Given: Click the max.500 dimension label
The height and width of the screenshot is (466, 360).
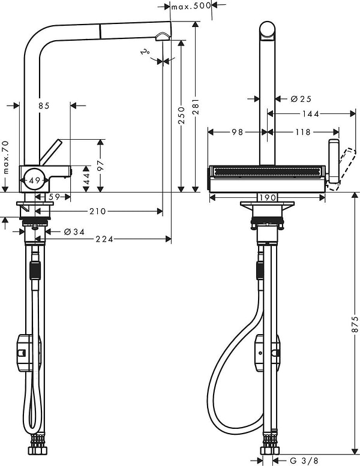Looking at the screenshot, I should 190,7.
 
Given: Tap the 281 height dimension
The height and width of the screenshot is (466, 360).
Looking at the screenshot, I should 196,106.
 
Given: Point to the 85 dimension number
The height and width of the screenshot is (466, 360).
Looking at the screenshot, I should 43,106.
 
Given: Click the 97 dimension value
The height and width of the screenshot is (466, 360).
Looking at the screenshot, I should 101,163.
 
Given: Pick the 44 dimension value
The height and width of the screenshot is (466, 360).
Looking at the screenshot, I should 86,178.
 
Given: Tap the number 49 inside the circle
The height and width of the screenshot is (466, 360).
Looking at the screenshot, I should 34,180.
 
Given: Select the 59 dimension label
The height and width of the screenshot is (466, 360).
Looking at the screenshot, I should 54,196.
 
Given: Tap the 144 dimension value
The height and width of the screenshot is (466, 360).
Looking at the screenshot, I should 310,113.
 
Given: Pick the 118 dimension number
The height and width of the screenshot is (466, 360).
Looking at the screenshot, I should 303,132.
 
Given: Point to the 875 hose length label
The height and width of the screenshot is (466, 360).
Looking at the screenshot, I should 355,324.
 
